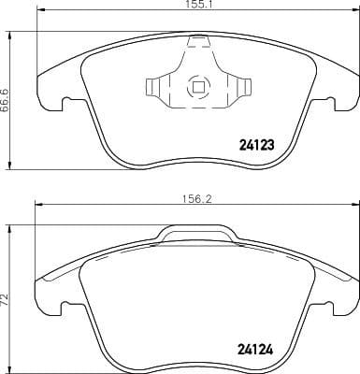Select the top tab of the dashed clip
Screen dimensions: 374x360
click(x=197, y=41)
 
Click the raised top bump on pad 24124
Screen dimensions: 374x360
click(x=197, y=232)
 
